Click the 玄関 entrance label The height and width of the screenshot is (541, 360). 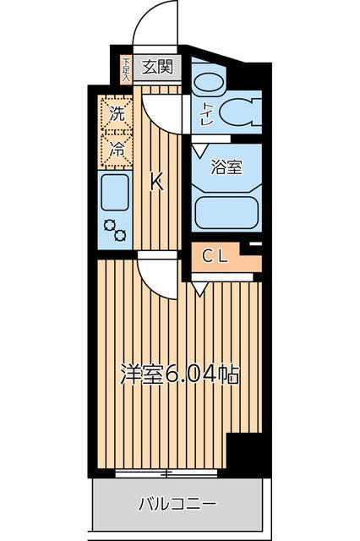[x=156, y=67]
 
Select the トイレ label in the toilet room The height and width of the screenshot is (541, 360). [x=206, y=115]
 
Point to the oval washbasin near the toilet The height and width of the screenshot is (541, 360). [x=208, y=82]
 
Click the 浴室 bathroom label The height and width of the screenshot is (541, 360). [x=226, y=167]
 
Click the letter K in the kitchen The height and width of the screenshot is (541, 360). [x=156, y=181]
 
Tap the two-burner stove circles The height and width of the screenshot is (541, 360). [x=113, y=231]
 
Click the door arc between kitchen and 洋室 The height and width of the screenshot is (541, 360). [x=152, y=275]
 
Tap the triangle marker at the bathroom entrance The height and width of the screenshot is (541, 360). [x=197, y=149]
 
